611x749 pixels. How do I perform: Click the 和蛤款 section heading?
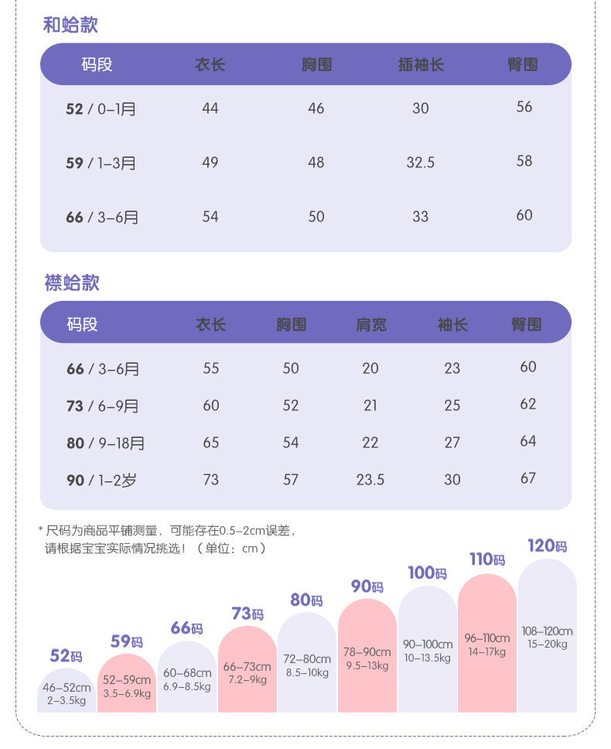tap(70, 26)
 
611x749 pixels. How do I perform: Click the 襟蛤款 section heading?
tap(72, 282)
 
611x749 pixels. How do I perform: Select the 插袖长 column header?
tap(420, 65)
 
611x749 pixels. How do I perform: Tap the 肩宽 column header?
tap(370, 324)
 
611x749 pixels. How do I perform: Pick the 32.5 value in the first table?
tap(421, 162)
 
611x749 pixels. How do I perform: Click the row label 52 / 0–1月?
tap(101, 109)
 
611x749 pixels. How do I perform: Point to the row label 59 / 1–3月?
tap(101, 163)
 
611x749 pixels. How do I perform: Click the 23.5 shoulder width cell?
tap(370, 480)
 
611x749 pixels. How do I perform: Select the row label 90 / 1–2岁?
tap(101, 481)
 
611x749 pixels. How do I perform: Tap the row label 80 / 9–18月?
tap(105, 443)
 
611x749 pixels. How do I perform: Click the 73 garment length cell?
tap(211, 480)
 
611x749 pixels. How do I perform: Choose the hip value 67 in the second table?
tap(528, 478)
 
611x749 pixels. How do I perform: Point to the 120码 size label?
tap(547, 546)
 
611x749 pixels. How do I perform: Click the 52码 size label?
tap(66, 657)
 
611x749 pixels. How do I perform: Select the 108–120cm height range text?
tap(548, 631)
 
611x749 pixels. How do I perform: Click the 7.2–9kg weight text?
tap(247, 679)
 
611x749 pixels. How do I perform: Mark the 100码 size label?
tap(427, 573)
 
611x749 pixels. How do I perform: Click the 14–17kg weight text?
tap(486, 652)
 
